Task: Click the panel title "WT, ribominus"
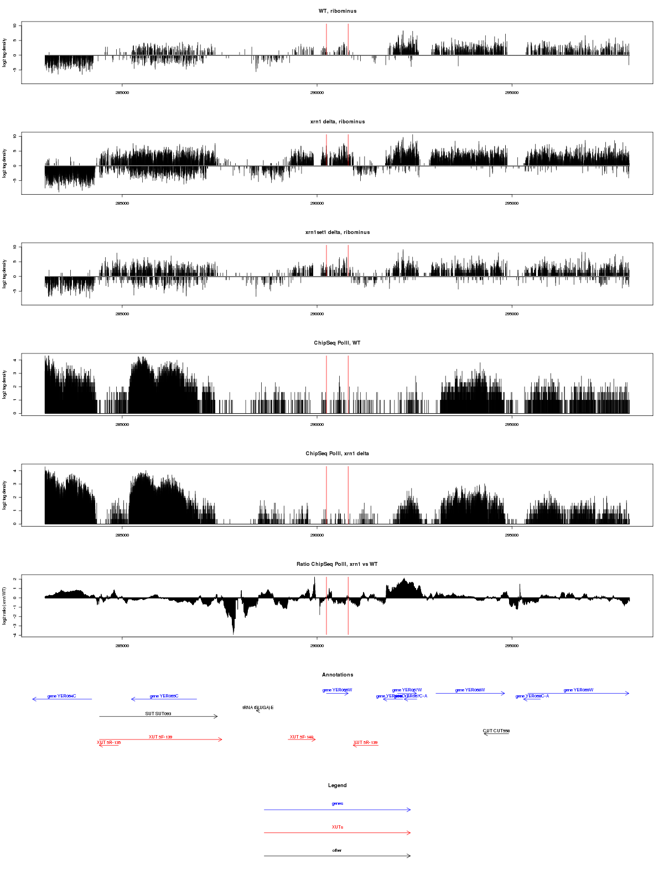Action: pyautogui.click(x=338, y=11)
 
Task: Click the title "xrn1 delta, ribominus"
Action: pyautogui.click(x=338, y=122)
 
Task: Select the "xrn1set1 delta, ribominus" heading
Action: pyautogui.click(x=338, y=232)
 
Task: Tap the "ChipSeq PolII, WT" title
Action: pyautogui.click(x=338, y=343)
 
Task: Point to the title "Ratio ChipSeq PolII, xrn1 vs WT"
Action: pyautogui.click(x=338, y=564)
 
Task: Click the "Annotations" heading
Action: pyautogui.click(x=338, y=675)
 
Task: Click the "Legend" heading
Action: pyautogui.click(x=338, y=785)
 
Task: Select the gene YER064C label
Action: pyautogui.click(x=61, y=696)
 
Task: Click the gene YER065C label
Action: pyautogui.click(x=164, y=696)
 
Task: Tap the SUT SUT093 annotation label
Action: pyautogui.click(x=158, y=714)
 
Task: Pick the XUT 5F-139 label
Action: pyautogui.click(x=160, y=737)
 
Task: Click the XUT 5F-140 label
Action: pyautogui.click(x=302, y=737)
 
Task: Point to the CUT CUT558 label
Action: pyautogui.click(x=496, y=731)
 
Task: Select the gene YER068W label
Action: pyautogui.click(x=470, y=690)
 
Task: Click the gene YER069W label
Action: pyautogui.click(x=578, y=690)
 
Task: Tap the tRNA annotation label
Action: pyautogui.click(x=258, y=708)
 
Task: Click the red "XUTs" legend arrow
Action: pyautogui.click(x=338, y=832)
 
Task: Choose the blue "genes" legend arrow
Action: pyautogui.click(x=338, y=810)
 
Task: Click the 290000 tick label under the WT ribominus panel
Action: pyautogui.click(x=317, y=93)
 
